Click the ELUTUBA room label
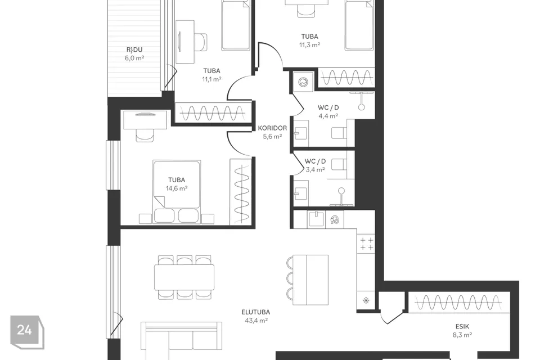point(255,312)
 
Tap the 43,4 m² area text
point(256,321)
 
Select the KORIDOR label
point(272,128)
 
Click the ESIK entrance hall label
point(462,326)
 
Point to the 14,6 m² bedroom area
point(177,188)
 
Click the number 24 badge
point(25,330)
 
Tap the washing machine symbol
point(303,82)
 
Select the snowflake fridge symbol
point(366,300)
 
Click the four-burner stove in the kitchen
point(366,243)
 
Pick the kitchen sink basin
point(316,219)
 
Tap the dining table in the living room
point(184,277)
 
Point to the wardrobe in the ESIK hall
point(459,303)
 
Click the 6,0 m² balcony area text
point(134,58)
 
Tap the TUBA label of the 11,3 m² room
point(309,37)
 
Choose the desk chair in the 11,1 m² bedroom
point(200,42)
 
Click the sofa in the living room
point(181,341)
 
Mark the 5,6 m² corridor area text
point(272,137)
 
